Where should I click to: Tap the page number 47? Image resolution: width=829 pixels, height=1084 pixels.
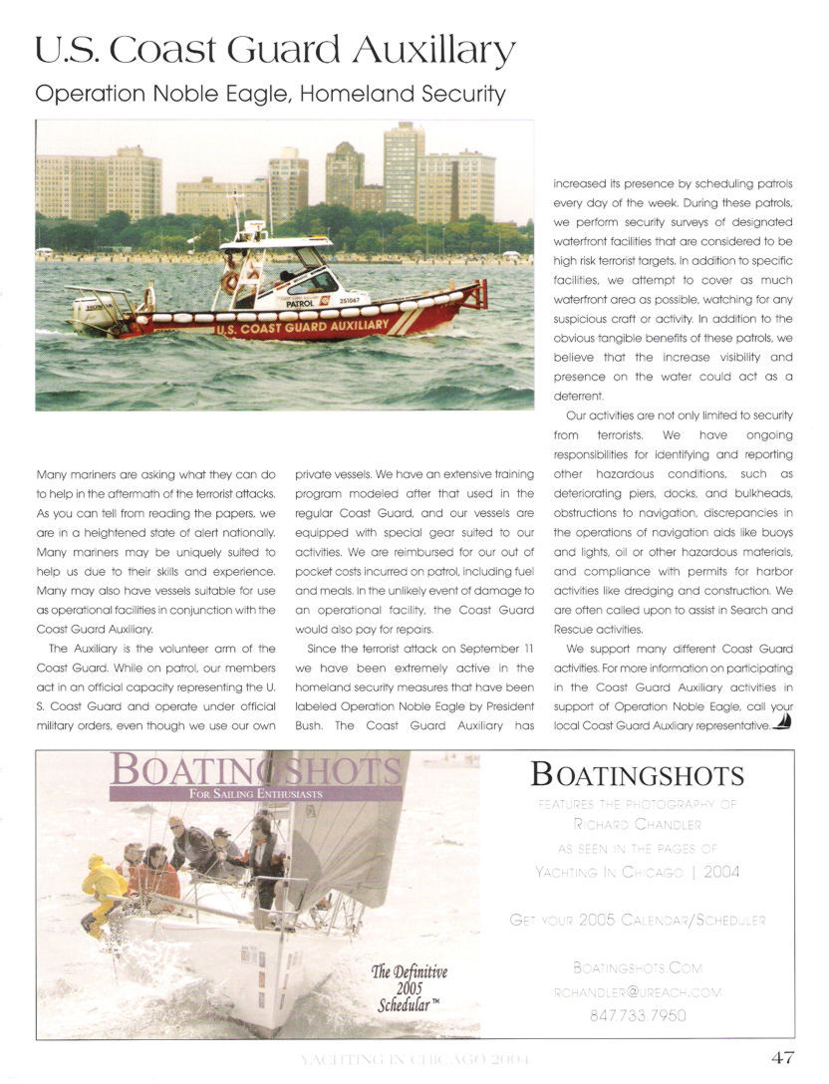coord(782,1057)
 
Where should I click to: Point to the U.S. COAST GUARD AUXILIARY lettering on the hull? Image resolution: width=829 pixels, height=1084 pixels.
coord(302,326)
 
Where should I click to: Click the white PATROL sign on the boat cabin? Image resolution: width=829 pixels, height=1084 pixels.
coord(300,275)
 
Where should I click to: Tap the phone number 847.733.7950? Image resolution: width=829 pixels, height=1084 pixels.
coord(637,1016)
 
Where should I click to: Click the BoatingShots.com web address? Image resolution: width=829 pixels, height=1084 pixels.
coord(637,967)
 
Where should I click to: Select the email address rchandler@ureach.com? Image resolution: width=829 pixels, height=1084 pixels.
coord(637,992)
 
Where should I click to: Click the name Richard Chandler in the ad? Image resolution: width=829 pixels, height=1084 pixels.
coord(637,824)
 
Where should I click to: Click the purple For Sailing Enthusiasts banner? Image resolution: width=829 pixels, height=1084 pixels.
coord(257,794)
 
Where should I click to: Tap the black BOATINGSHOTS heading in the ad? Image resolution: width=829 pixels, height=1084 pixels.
coord(637,774)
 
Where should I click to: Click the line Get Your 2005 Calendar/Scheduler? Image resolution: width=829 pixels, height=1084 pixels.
coord(637,921)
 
